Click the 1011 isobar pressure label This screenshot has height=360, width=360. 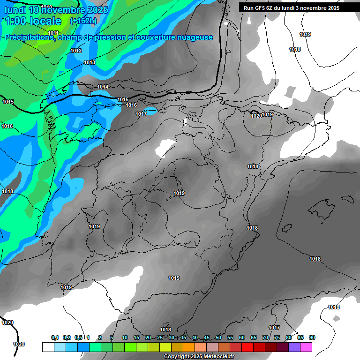(53, 33)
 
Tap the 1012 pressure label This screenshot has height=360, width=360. (76, 51)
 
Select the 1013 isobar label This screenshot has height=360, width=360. (90, 62)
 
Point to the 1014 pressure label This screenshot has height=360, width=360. (103, 87)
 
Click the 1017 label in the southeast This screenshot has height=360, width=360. (274, 328)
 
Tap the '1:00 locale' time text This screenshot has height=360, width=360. (33, 21)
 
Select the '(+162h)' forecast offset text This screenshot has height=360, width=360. (83, 21)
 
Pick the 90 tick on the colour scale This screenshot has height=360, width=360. (312, 338)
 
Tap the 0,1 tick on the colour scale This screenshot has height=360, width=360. (54, 338)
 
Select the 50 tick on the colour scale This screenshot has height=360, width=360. (218, 338)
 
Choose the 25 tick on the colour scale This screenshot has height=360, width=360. (160, 338)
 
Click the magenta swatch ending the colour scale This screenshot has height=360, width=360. (306, 347)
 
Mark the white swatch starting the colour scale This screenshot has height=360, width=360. (48, 347)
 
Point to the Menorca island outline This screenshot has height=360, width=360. (348, 199)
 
